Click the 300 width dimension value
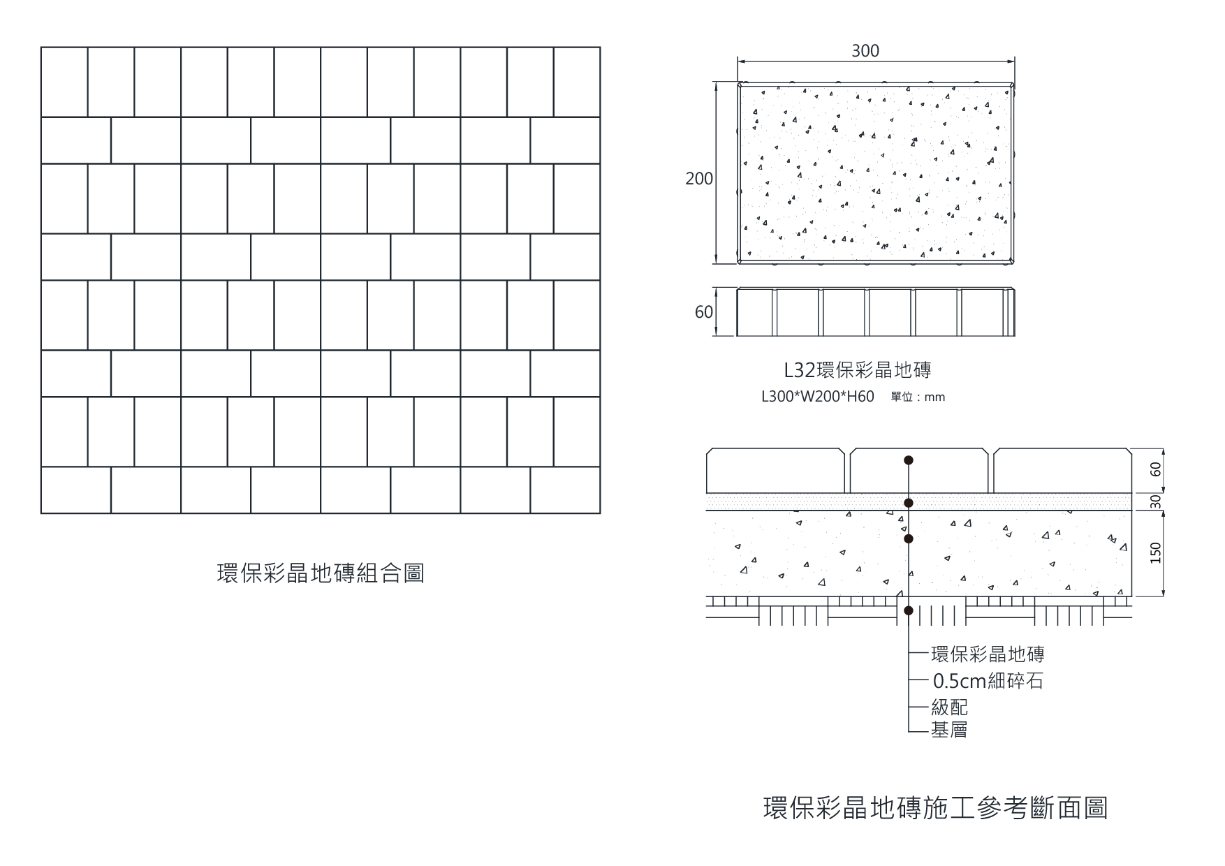tap(865, 51)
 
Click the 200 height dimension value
tap(699, 179)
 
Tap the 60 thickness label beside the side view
tap(703, 312)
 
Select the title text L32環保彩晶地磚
tap(858, 369)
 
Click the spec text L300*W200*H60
tap(817, 397)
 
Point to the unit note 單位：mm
tap(918, 397)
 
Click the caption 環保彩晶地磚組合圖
tap(321, 573)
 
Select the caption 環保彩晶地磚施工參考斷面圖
tap(935, 807)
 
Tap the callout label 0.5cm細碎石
tap(988, 681)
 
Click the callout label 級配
tap(949, 707)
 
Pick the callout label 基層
tap(949, 730)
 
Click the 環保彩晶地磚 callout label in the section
tap(988, 654)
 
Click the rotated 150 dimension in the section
tap(1156, 552)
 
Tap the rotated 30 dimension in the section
tap(1156, 501)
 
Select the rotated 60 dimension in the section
tap(1156, 469)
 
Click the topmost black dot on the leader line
tap(909, 460)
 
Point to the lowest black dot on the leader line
tap(909, 610)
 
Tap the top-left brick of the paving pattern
tap(64, 82)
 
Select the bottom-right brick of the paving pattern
tap(565, 490)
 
